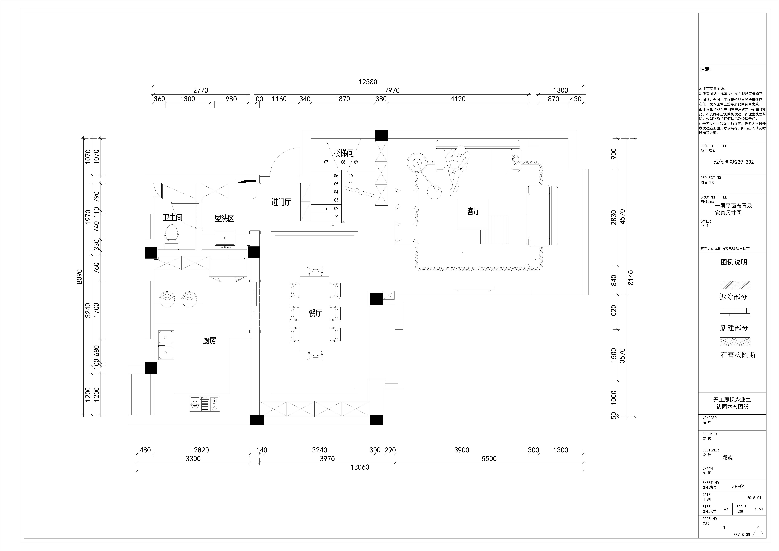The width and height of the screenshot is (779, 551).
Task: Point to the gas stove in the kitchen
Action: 204,404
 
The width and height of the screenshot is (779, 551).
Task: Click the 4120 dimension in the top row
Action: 458,99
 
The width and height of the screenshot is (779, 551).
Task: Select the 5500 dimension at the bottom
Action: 489,459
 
